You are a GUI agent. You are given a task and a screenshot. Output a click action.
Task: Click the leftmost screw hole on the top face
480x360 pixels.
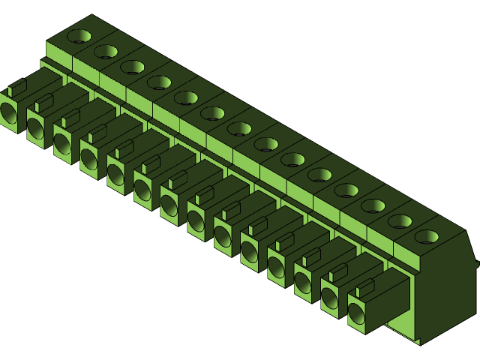(79, 35)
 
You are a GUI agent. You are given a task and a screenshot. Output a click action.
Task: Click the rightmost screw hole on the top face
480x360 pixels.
(427, 237)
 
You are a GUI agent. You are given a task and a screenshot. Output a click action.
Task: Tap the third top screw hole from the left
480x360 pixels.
(133, 67)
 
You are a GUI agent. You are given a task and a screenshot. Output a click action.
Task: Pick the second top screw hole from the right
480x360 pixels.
(400, 221)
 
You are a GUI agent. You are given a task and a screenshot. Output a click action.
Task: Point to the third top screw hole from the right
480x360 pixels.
(373, 205)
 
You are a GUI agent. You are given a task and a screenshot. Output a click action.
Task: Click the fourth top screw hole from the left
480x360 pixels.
(159, 82)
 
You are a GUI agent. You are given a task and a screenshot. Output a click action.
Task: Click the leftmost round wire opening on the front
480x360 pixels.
(8, 113)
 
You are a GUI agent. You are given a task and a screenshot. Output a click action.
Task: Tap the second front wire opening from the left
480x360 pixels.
(35, 128)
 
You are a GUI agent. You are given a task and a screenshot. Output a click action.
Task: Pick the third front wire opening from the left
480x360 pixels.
(61, 144)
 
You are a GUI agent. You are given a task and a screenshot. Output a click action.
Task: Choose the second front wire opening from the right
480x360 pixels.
(329, 299)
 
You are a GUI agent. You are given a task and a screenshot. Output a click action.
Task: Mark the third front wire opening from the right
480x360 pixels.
(302, 283)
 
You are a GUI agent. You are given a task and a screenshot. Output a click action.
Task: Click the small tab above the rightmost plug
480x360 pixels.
(365, 285)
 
